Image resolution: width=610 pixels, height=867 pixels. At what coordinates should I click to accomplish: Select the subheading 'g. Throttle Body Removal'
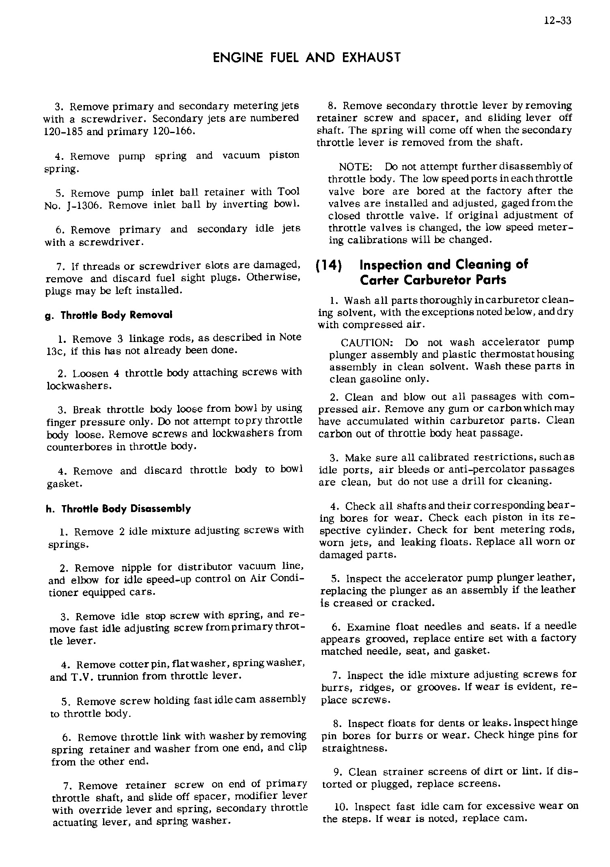click(x=108, y=315)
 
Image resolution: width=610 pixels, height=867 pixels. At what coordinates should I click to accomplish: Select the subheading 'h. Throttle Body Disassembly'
click(x=118, y=509)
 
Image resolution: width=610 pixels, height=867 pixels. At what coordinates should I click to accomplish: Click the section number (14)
click(x=329, y=266)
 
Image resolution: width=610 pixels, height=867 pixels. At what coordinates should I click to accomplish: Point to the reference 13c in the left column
click(x=56, y=351)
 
